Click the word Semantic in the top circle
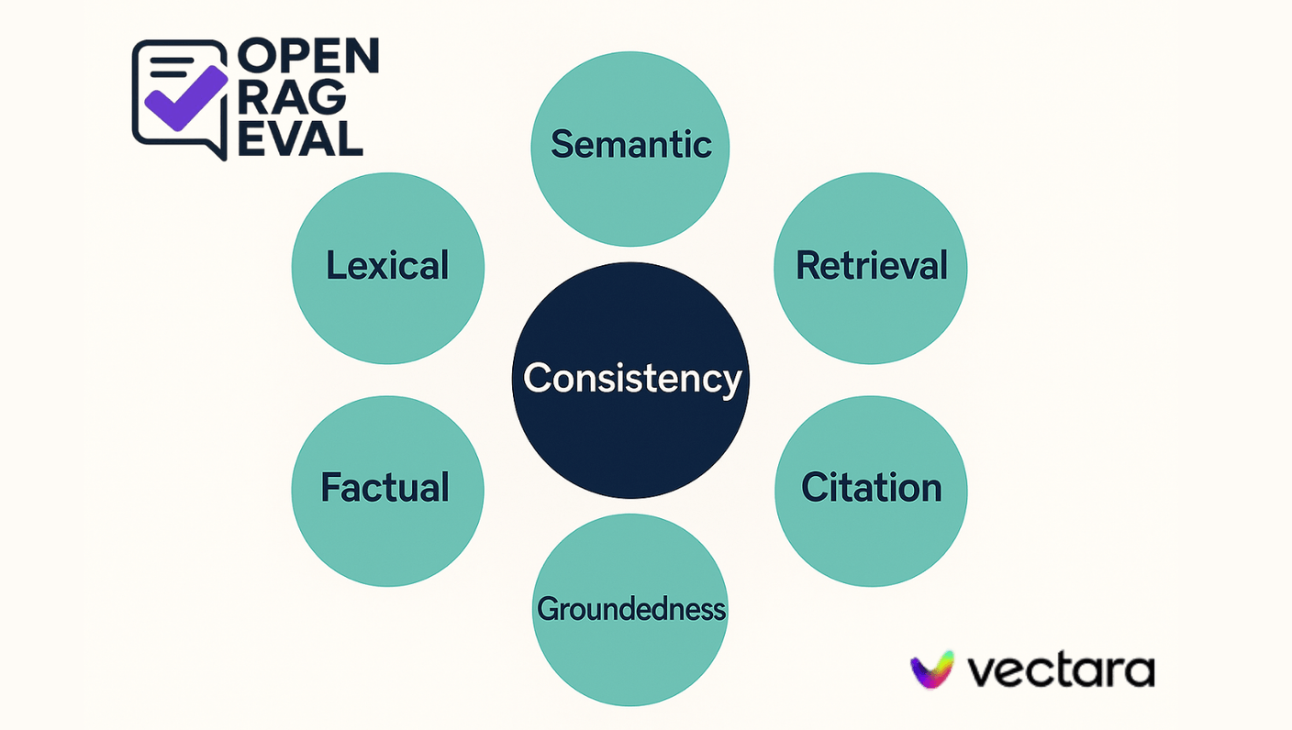point(631,144)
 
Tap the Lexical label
point(387,266)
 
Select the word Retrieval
point(871,266)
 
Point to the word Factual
point(385,487)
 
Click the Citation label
point(872,487)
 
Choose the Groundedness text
point(631,609)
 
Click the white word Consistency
point(631,378)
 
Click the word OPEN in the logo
point(307,57)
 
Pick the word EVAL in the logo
point(299,140)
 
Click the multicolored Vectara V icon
point(932,669)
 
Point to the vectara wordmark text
point(1061,670)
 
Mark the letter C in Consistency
point(536,378)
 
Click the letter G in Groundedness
point(548,609)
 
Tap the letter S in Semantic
point(561,144)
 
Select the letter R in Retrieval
point(807,266)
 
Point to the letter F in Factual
point(331,487)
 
